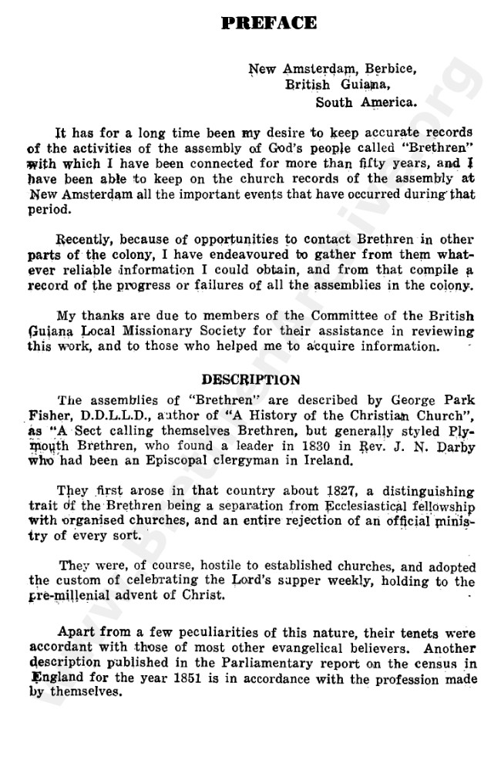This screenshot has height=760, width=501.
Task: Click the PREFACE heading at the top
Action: pyautogui.click(x=267, y=23)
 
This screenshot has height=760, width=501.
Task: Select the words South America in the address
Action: pyautogui.click(x=367, y=101)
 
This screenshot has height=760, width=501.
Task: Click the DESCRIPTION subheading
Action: pyautogui.click(x=250, y=380)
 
